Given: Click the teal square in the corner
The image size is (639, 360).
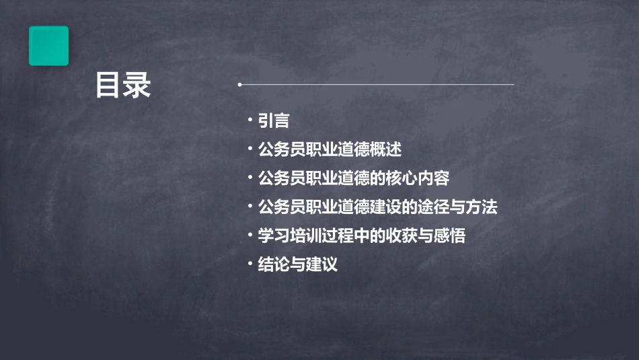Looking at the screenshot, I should click(48, 46).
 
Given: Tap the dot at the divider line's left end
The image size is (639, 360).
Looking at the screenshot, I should click(239, 85).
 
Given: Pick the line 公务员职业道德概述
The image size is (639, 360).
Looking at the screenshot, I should click(330, 149).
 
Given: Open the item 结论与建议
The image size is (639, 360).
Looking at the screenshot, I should click(298, 265).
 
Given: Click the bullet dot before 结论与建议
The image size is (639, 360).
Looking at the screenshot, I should click(250, 264).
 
